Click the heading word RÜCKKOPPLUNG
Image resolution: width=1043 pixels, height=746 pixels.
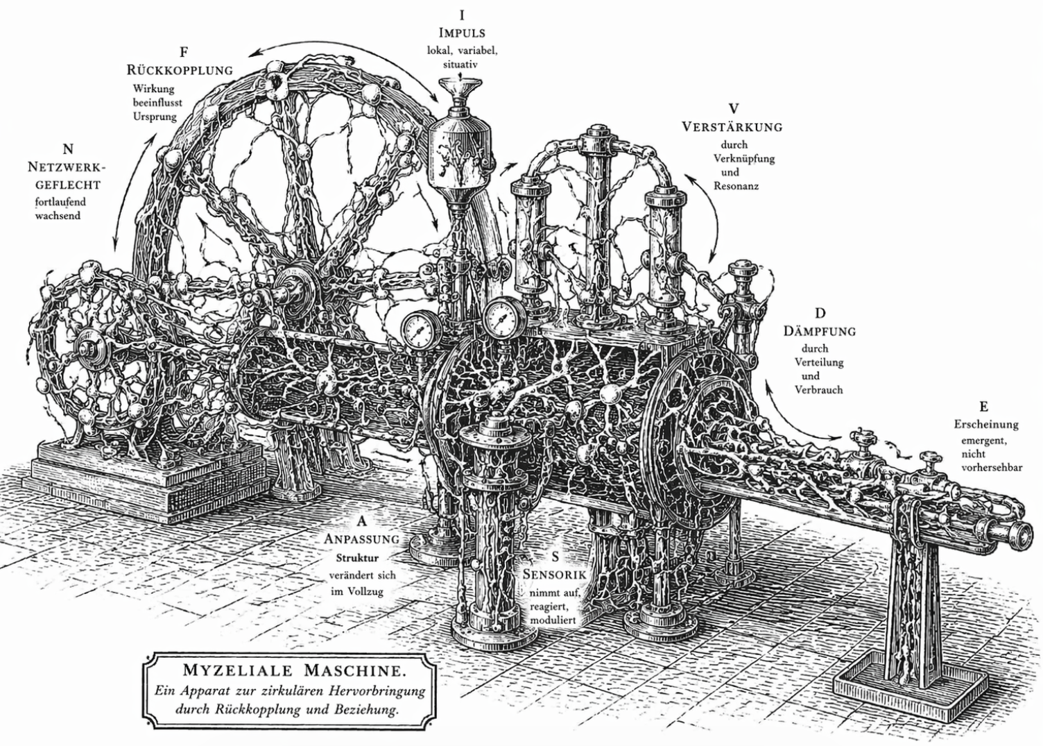(179, 70)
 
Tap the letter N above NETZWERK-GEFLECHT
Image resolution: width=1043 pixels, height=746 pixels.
(67, 149)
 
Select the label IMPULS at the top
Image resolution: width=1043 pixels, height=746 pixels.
(461, 33)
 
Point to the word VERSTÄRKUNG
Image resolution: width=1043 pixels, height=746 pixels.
(732, 127)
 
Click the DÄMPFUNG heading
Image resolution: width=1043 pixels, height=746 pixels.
(820, 331)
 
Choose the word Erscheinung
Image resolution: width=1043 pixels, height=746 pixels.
(985, 424)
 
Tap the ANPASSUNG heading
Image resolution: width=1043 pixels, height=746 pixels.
(362, 539)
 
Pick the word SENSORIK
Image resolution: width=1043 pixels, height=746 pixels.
(555, 575)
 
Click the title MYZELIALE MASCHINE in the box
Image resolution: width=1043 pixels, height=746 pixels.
(294, 670)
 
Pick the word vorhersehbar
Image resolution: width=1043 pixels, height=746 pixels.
(992, 468)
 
